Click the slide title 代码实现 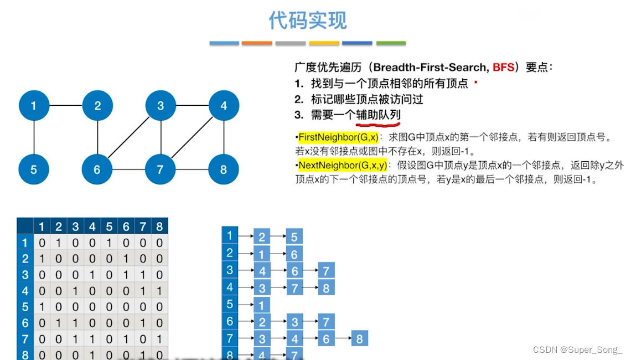[x=308, y=20]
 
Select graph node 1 [x=34, y=105]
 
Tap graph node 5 [x=34, y=169]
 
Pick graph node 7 [x=161, y=169]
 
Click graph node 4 [x=224, y=105]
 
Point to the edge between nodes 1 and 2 [x=65, y=105]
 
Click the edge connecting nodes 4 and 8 [x=224, y=137]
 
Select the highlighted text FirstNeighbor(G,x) [x=338, y=137]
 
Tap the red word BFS [x=503, y=68]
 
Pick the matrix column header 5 [x=109, y=227]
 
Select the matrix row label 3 [x=24, y=275]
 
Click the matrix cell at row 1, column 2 [x=59, y=243]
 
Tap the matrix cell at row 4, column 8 [x=159, y=291]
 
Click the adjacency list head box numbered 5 [x=230, y=304]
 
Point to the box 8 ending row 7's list [x=359, y=338]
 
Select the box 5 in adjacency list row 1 [x=294, y=237]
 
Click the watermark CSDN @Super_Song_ [x=577, y=349]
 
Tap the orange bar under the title [x=257, y=43]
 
